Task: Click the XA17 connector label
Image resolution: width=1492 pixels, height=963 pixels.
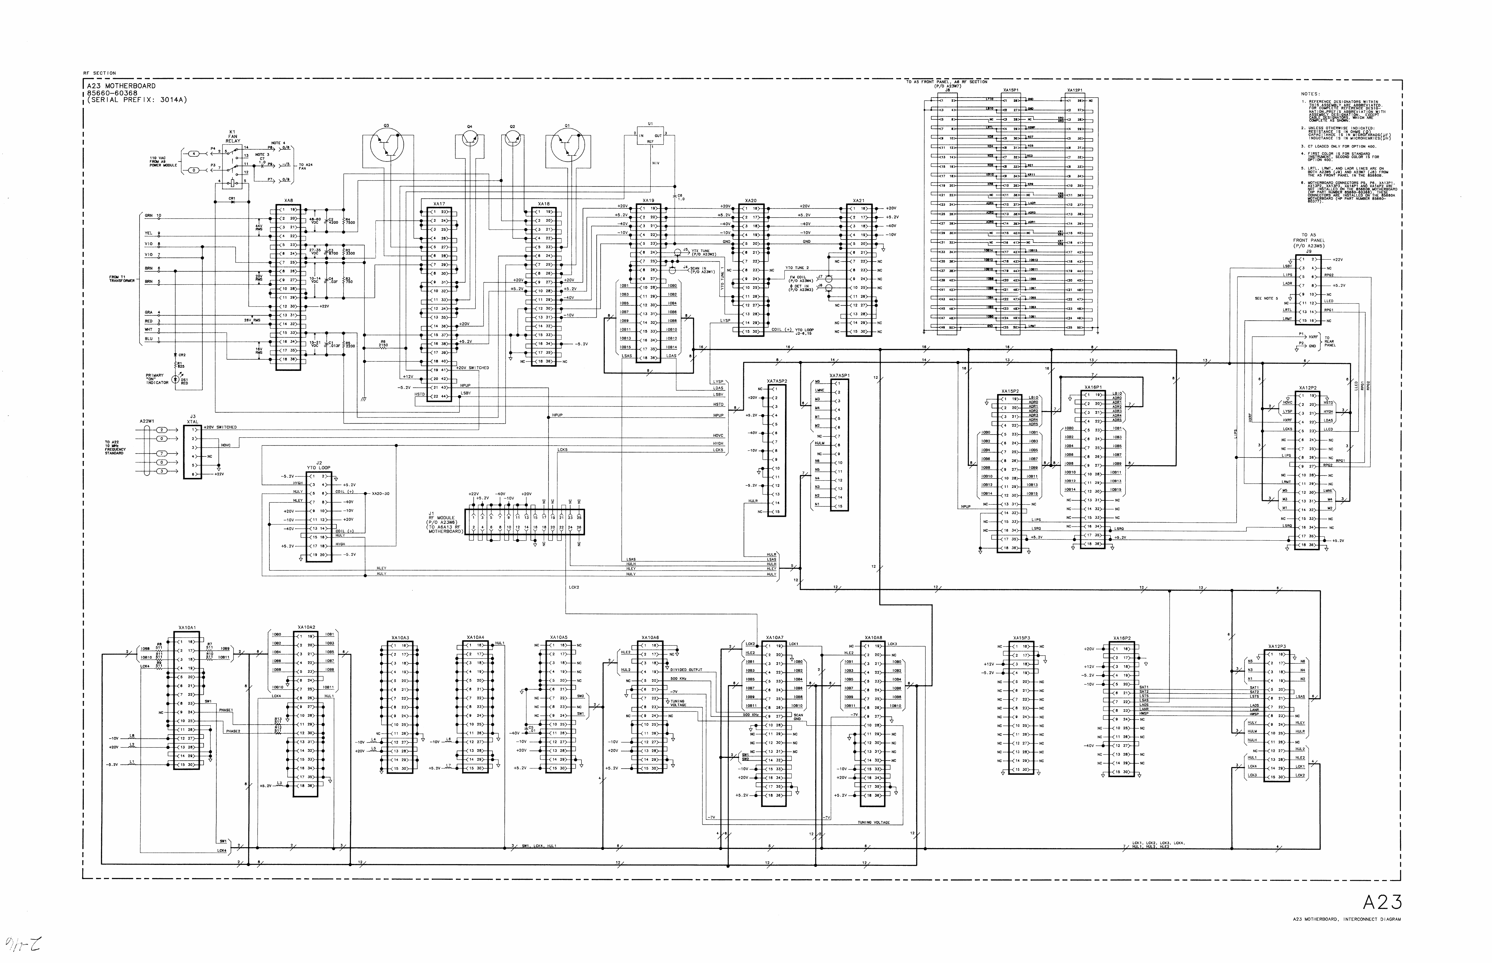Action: tap(439, 204)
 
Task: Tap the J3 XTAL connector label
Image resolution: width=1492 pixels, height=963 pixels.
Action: tap(193, 418)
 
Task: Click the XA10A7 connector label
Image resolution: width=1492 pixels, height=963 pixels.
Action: tap(774, 638)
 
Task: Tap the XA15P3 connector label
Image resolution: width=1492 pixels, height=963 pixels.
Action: tap(1021, 638)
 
